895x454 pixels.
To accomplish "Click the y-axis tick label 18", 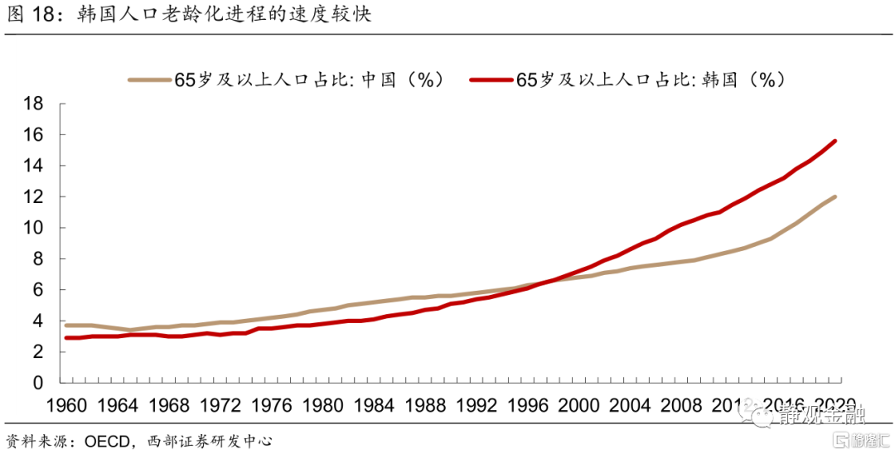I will (x=32, y=104).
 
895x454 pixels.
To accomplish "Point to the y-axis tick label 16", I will (x=32, y=134).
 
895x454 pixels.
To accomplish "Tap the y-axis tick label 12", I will (x=32, y=197).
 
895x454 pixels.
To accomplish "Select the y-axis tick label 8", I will (x=37, y=259).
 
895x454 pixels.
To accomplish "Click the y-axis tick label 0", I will (x=37, y=384).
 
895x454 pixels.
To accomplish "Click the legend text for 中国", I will (x=310, y=80).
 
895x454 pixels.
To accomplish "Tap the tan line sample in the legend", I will (x=149, y=80).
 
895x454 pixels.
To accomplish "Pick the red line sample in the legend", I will (x=491, y=80).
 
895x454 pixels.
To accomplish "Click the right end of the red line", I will (x=835, y=141).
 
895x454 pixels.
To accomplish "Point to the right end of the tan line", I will (x=835, y=196).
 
